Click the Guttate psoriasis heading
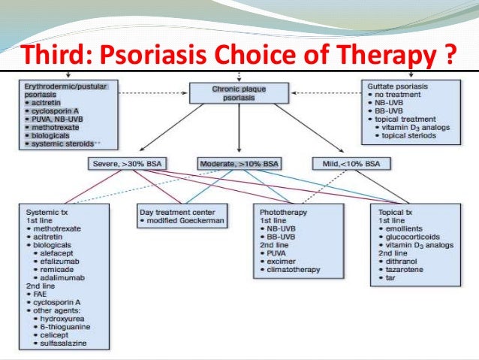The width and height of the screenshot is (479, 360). point(396,86)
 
